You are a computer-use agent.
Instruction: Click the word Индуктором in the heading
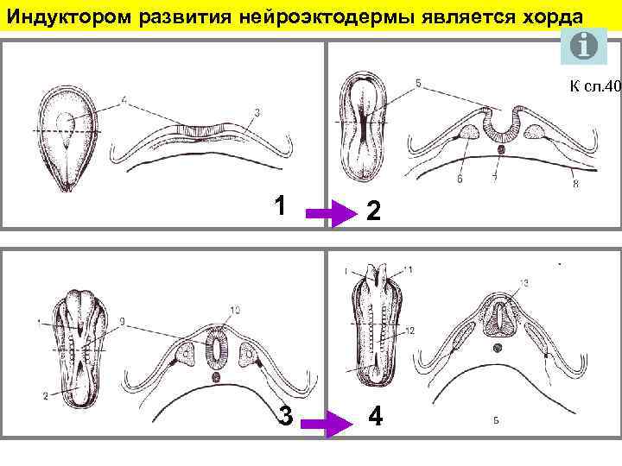[57, 18]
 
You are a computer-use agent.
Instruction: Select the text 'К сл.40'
[595, 86]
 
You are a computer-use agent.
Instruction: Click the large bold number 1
[278, 205]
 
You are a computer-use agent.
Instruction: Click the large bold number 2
[371, 210]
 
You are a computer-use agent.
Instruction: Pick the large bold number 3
[284, 416]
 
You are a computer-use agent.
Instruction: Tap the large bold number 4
[375, 416]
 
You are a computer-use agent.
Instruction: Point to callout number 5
[418, 84]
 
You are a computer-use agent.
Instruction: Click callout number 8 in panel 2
[574, 185]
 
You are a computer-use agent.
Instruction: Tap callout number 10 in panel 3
[237, 310]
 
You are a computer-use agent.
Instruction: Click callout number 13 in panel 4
[524, 283]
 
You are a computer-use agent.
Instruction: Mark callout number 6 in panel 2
[460, 179]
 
